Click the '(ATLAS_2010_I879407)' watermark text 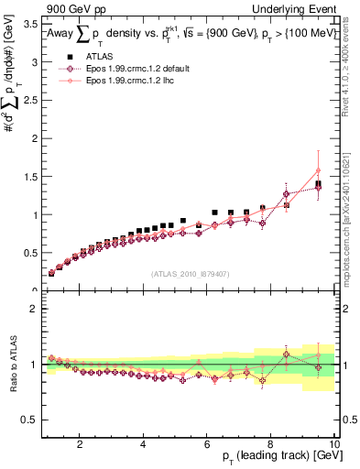(x=190, y=274)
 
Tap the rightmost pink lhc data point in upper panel (x=318, y=170)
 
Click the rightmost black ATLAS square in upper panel (x=318, y=184)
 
